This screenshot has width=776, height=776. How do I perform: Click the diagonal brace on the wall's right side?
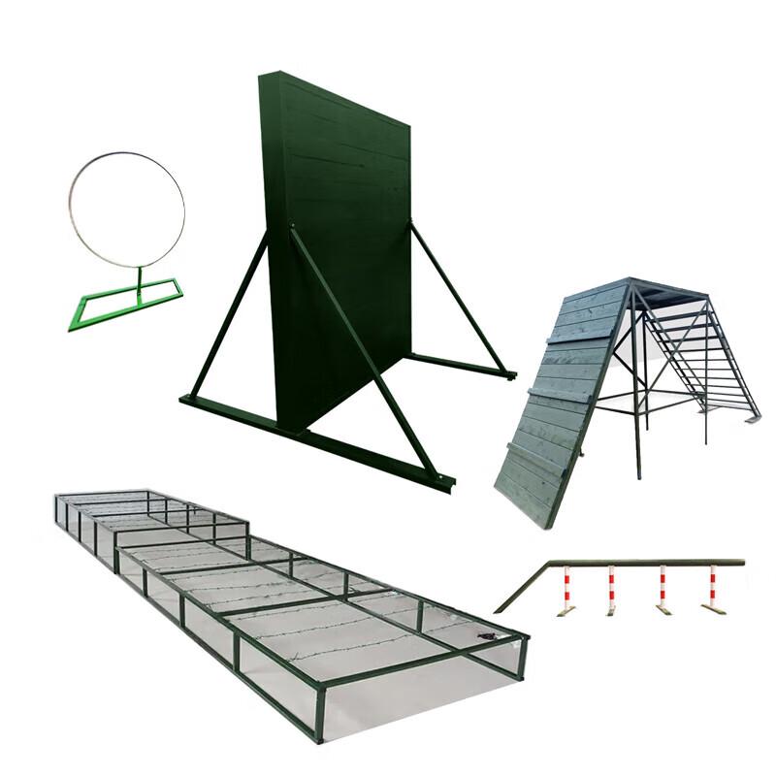click(x=456, y=296)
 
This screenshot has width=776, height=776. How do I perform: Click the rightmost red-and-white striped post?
click(x=713, y=587)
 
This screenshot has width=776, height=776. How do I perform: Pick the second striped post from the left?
click(x=611, y=587)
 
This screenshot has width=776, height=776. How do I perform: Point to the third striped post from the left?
click(x=663, y=587)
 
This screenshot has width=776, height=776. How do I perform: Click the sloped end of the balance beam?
click(x=519, y=587)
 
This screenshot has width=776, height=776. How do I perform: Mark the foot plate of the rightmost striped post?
click(x=716, y=609)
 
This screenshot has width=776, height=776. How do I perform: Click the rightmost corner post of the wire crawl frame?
click(x=524, y=660)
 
